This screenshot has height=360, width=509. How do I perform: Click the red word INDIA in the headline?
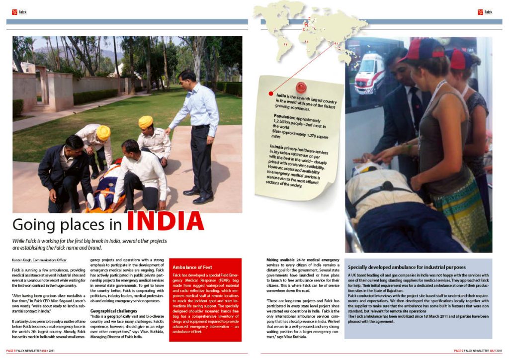pos(165,222)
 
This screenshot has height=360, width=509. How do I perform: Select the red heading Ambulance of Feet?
pos(192,267)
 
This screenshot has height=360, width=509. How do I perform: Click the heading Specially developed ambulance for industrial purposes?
pos(407,267)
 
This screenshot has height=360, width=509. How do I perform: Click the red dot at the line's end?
pos(271,93)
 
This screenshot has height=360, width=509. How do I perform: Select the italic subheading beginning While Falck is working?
pos(89,244)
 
